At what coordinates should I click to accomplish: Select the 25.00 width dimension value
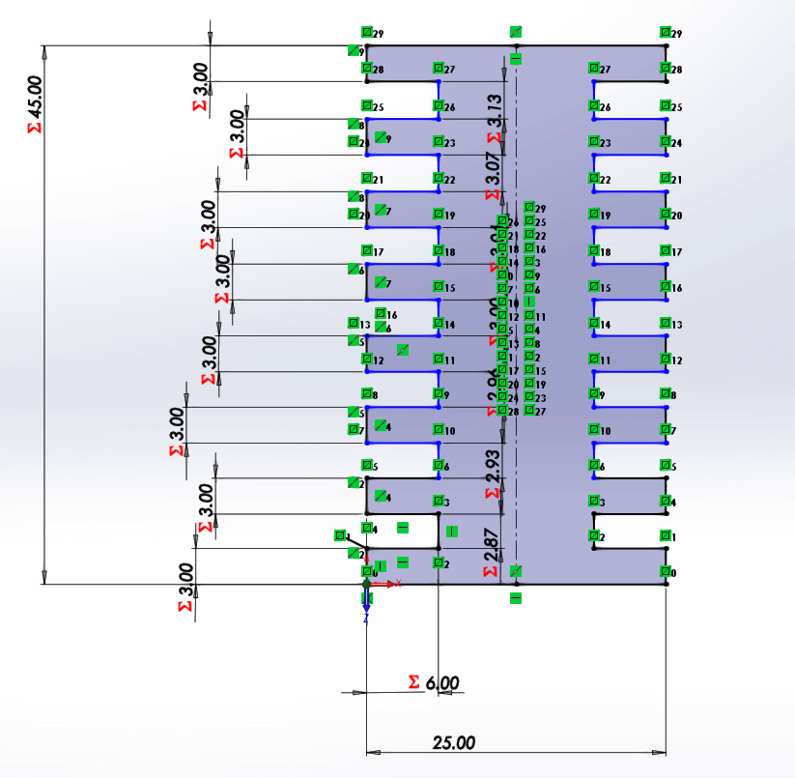pyautogui.click(x=454, y=742)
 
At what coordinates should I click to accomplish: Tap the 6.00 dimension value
pyautogui.click(x=442, y=683)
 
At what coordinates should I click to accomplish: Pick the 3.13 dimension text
pyautogui.click(x=494, y=109)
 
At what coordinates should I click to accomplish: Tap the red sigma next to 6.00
pyautogui.click(x=415, y=682)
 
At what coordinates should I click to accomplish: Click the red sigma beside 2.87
pyautogui.click(x=494, y=571)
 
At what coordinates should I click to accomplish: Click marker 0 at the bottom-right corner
pyautogui.click(x=666, y=572)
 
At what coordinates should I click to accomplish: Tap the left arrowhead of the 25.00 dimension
pyautogui.click(x=372, y=751)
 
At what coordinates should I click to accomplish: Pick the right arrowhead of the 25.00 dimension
pyautogui.click(x=661, y=751)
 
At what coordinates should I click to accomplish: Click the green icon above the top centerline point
pyautogui.click(x=516, y=32)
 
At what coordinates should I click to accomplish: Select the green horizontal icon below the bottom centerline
pyautogui.click(x=516, y=598)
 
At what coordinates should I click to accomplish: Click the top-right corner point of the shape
pyautogui.click(x=666, y=46)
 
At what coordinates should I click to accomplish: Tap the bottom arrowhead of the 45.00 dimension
pyautogui.click(x=44, y=577)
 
